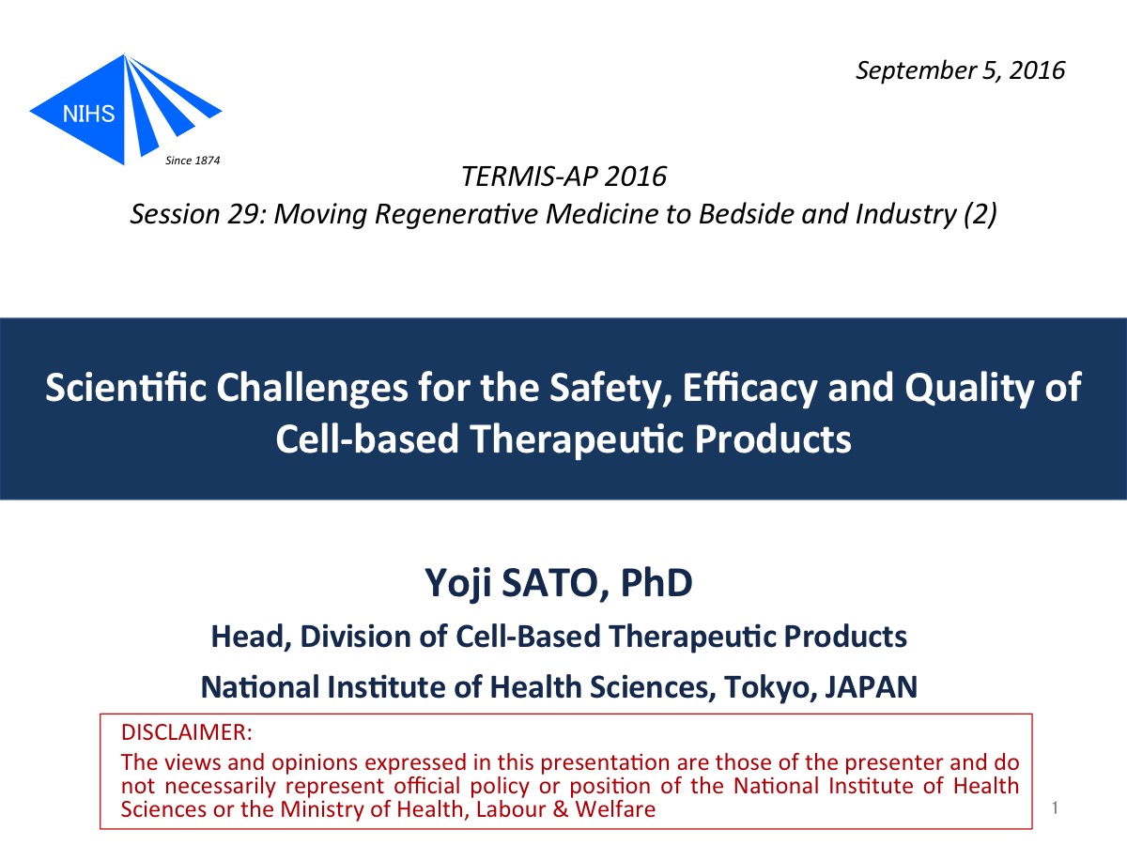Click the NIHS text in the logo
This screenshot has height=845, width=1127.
pyautogui.click(x=88, y=114)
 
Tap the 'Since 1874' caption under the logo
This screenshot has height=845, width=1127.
pyautogui.click(x=193, y=161)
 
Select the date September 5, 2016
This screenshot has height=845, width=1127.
pyautogui.click(x=960, y=70)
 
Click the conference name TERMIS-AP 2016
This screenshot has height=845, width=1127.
pyautogui.click(x=563, y=177)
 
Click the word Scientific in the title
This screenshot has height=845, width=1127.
pyautogui.click(x=126, y=387)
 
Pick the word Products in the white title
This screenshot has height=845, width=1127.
pyautogui.click(x=773, y=439)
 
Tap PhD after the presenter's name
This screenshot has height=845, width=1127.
pyautogui.click(x=656, y=582)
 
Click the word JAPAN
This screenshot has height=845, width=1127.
pyautogui.click(x=872, y=687)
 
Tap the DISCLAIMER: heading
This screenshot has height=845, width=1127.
pyautogui.click(x=187, y=732)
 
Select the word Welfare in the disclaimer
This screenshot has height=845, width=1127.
pyautogui.click(x=615, y=809)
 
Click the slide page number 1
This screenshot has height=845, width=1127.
pyautogui.click(x=1055, y=808)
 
